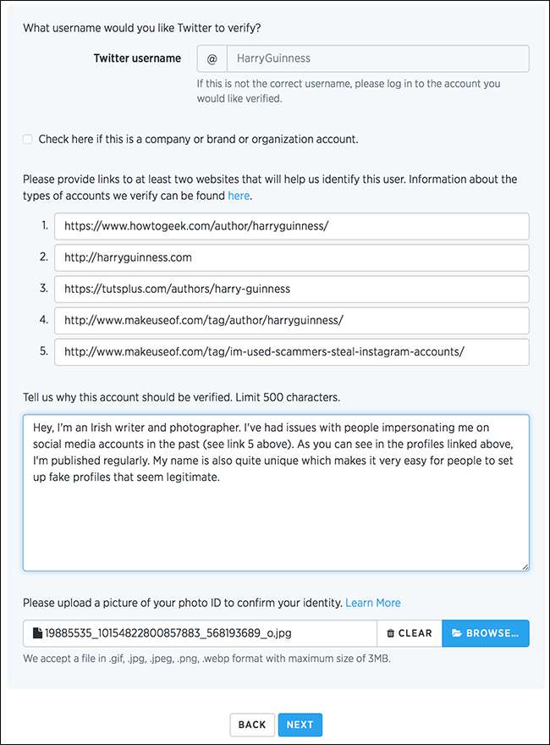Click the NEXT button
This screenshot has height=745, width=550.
point(300,725)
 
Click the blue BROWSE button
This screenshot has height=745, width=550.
point(486,633)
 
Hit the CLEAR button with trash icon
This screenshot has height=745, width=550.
point(410,633)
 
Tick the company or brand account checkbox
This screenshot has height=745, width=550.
point(28,139)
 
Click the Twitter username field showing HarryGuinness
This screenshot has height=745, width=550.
point(377,58)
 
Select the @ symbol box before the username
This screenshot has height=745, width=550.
point(212,58)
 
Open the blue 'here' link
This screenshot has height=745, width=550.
point(239,196)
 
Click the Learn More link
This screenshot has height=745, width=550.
point(373,603)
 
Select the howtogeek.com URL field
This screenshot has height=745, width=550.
point(291,226)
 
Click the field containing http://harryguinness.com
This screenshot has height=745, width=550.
point(291,257)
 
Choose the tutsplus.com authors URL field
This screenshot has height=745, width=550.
point(291,289)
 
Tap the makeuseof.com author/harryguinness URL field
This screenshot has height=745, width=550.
point(291,320)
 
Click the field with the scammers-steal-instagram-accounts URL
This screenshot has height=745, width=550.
point(291,351)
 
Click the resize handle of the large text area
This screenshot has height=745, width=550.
point(525,566)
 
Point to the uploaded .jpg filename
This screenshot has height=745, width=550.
point(169,633)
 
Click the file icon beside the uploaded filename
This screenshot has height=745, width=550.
point(37,633)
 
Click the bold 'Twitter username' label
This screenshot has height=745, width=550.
point(137,58)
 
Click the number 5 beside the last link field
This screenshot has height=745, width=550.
point(44,351)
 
